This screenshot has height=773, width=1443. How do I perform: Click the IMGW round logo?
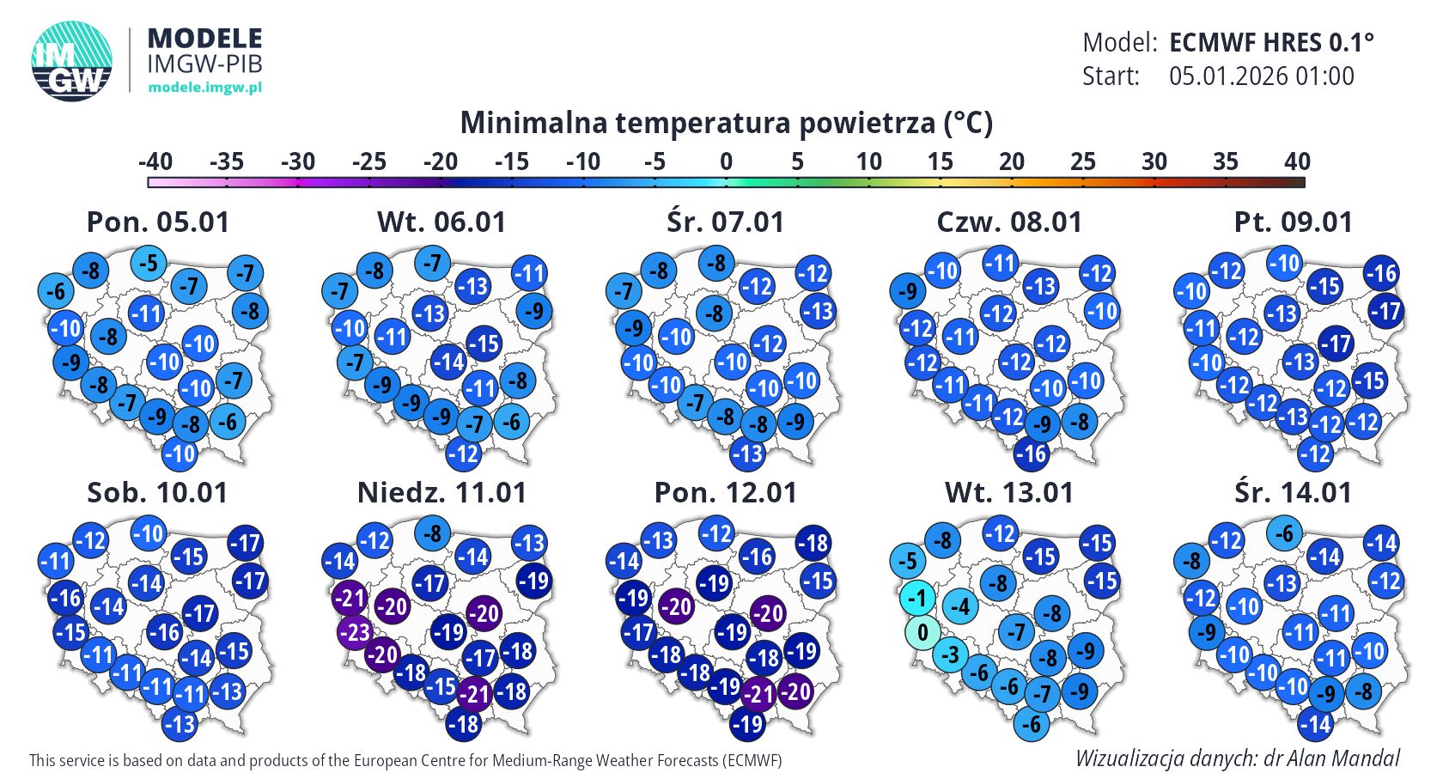(x=72, y=60)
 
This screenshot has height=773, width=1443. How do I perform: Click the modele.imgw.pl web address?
(x=204, y=87)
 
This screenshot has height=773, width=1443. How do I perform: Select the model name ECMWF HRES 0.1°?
(x=1271, y=42)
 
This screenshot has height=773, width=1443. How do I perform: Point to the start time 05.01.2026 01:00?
(x=1261, y=76)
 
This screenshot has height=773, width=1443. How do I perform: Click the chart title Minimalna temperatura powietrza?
(x=726, y=123)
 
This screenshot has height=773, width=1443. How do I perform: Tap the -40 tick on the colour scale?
(x=155, y=161)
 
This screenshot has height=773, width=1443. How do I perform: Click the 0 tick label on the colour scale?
(x=726, y=161)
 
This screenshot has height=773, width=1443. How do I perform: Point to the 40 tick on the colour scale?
(x=1297, y=161)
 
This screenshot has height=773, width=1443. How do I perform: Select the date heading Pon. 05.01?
(x=158, y=222)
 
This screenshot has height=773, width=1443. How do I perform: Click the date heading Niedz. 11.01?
(x=441, y=493)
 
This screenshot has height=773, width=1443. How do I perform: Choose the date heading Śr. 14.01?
(x=1293, y=493)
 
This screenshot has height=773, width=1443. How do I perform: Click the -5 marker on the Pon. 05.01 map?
(x=149, y=263)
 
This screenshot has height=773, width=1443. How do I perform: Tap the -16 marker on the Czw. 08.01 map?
(x=1032, y=454)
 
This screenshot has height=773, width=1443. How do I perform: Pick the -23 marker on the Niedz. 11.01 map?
(x=355, y=633)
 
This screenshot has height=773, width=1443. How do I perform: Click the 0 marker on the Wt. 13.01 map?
(x=922, y=633)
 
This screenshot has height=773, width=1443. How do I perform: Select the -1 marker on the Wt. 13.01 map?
(x=917, y=598)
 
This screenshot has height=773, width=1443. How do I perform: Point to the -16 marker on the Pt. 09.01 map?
(x=1381, y=274)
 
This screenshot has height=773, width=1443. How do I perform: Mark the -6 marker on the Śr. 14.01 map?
(x=1285, y=533)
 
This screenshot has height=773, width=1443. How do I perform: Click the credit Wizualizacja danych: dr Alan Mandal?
(x=1237, y=758)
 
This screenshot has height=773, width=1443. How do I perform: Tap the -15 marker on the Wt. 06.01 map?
(x=484, y=344)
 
